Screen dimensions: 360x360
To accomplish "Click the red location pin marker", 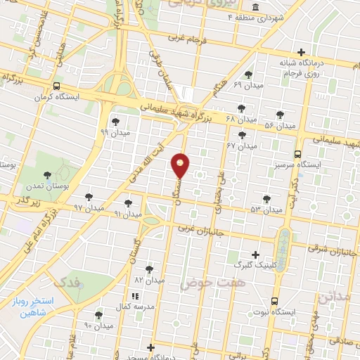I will click(x=181, y=165).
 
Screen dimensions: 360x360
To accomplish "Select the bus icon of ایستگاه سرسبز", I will click(x=297, y=154).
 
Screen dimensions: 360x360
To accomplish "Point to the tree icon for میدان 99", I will click(x=115, y=122).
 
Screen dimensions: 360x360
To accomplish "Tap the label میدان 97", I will click(x=89, y=209).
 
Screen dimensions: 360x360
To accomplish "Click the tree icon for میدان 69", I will click(x=247, y=75).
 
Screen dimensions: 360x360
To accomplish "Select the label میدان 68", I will click(x=220, y=118).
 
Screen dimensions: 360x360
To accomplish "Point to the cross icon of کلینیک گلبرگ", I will click(x=255, y=255).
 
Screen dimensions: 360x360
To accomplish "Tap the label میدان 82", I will click(x=148, y=280).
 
